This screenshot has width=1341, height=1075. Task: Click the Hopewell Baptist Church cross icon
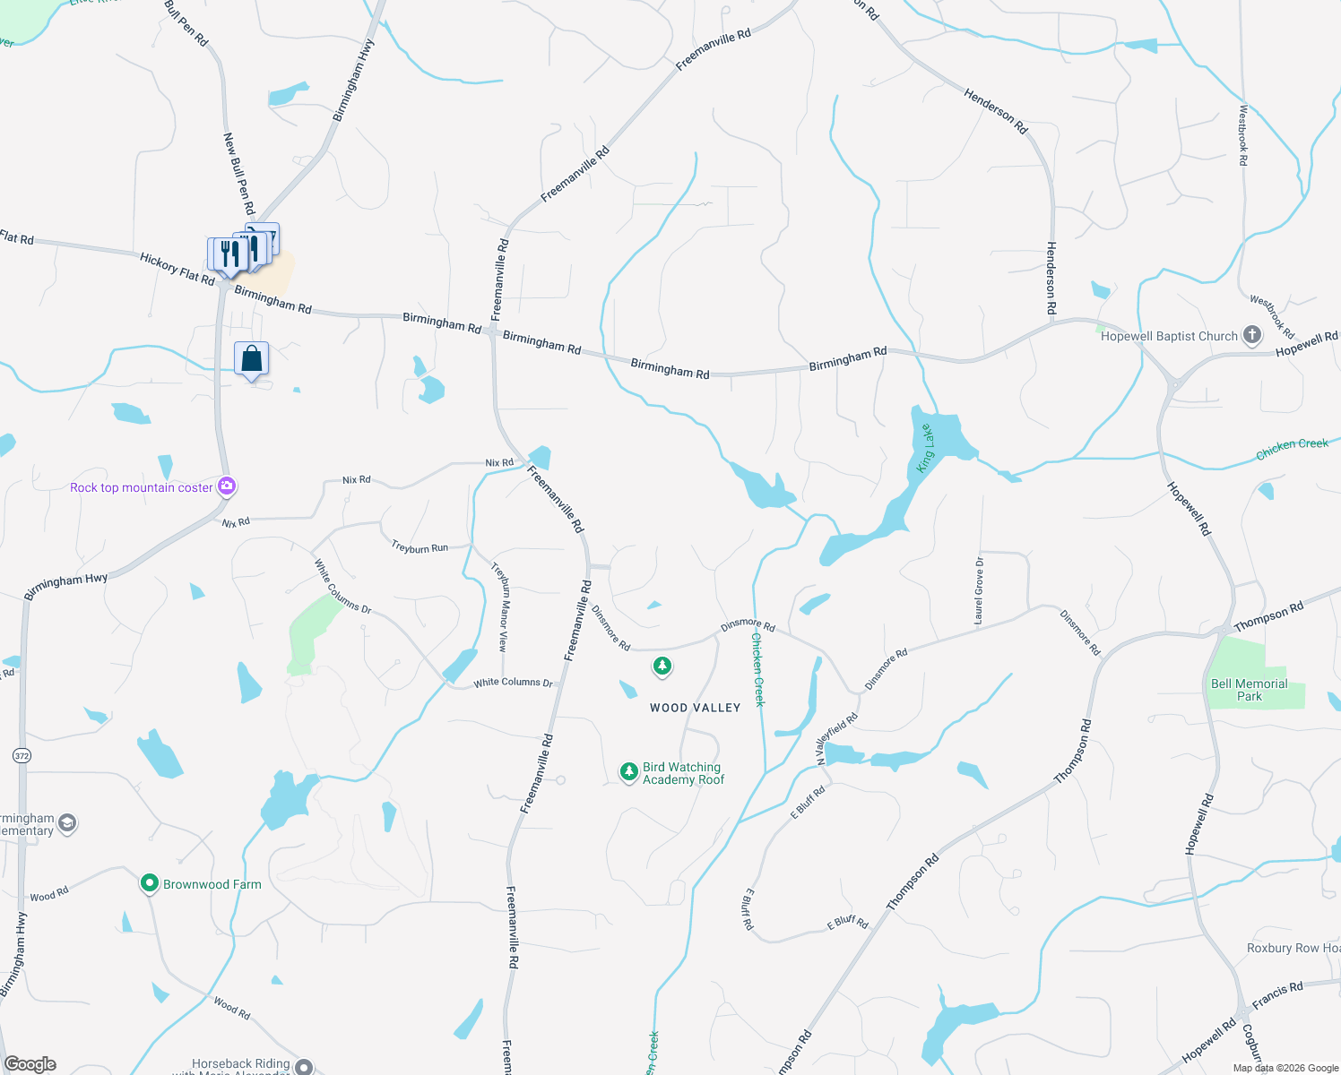click(1252, 336)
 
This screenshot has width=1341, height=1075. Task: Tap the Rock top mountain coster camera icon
click(227, 486)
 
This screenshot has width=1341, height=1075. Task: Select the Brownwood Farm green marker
click(149, 883)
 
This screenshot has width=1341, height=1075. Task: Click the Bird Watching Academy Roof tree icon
click(629, 771)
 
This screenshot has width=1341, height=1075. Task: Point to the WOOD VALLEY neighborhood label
click(695, 708)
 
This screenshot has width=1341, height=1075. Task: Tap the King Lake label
click(925, 448)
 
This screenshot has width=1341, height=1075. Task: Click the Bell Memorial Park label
click(1249, 690)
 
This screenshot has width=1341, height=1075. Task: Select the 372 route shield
click(22, 756)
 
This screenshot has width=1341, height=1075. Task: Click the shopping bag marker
click(252, 358)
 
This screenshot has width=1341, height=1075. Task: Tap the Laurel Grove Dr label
click(979, 590)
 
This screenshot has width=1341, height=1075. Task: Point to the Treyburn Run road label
click(420, 547)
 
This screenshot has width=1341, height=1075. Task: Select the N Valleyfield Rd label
click(836, 737)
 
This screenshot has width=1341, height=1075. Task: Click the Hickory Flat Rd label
click(177, 269)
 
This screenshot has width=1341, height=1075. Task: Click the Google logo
click(30, 1064)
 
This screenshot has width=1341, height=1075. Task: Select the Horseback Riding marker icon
click(304, 1066)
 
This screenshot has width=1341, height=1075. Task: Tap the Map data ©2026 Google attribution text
click(1285, 1068)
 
